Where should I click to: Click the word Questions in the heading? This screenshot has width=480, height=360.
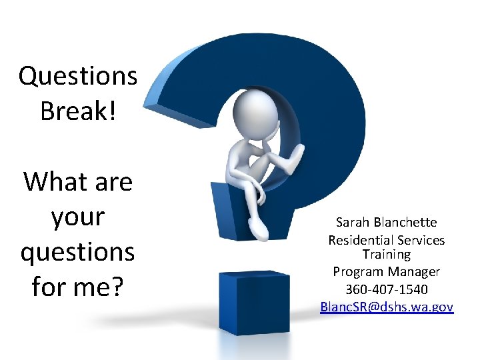[x=78, y=76]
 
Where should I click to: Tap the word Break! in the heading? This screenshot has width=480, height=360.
[x=78, y=111]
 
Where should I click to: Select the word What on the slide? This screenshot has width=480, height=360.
[x=51, y=181]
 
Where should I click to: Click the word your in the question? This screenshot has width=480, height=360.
[x=78, y=217]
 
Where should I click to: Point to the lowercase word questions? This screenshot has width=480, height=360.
[x=78, y=252]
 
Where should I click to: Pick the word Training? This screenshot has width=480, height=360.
[x=387, y=254]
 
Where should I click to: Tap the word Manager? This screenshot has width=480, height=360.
[x=414, y=272]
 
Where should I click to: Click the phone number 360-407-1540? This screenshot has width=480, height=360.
[x=387, y=289]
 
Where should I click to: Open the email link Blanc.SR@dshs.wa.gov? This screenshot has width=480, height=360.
[x=387, y=307]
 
